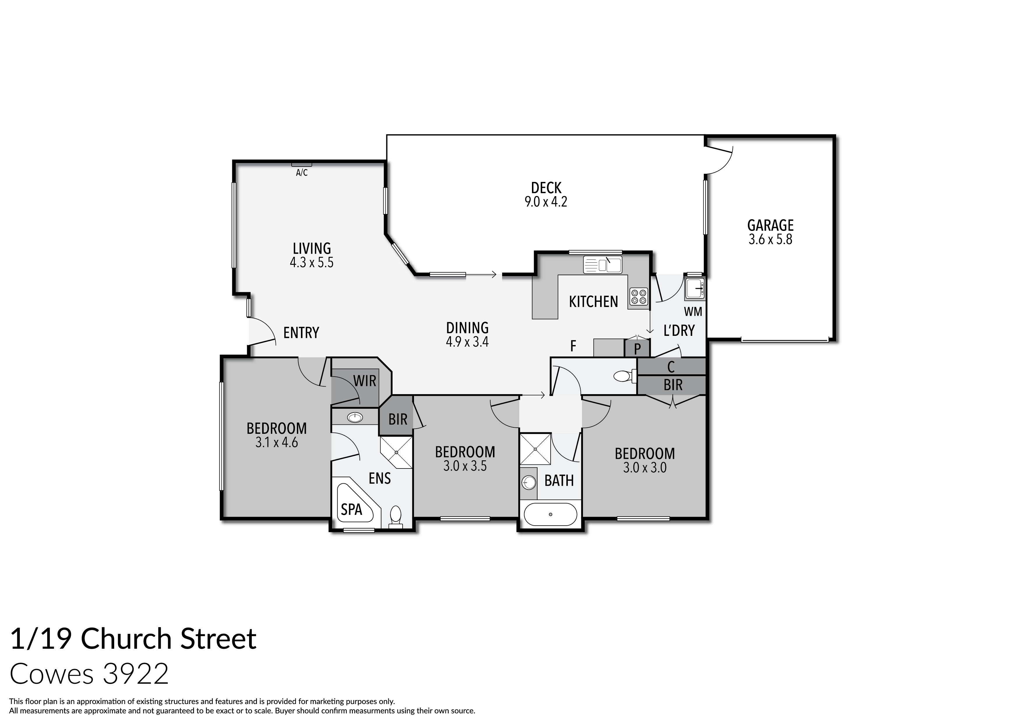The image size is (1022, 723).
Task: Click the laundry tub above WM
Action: pyautogui.click(x=694, y=288)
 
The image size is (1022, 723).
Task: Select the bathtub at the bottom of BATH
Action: pyautogui.click(x=551, y=515)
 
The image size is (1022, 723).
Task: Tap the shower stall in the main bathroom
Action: pyautogui.click(x=535, y=449)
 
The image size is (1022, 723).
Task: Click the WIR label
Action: pyautogui.click(x=364, y=381)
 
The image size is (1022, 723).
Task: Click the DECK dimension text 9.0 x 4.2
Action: pyautogui.click(x=546, y=202)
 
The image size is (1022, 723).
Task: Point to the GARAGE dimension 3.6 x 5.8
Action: pyautogui.click(x=770, y=240)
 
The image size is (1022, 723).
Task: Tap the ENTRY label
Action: pyautogui.click(x=301, y=333)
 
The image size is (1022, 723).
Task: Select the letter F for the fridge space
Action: pyautogui.click(x=573, y=346)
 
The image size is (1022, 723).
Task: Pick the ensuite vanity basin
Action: pyautogui.click(x=355, y=417)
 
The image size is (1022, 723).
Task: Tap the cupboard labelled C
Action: pyautogui.click(x=671, y=367)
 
